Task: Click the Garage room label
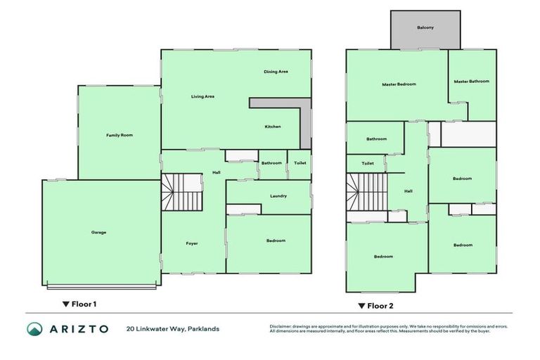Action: (x=98, y=233)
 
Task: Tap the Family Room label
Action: (x=120, y=135)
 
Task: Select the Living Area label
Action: (x=202, y=96)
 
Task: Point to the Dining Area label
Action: (x=276, y=72)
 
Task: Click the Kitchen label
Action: (x=272, y=127)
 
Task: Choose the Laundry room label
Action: (x=278, y=196)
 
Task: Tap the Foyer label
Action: (x=192, y=243)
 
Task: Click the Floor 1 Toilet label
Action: (x=300, y=163)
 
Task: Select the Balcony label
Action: (x=425, y=28)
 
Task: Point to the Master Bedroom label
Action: (x=399, y=84)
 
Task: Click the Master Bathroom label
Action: (x=471, y=82)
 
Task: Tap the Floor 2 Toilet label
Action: (x=368, y=163)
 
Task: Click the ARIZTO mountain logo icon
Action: (x=35, y=328)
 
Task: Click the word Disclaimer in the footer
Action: (x=282, y=326)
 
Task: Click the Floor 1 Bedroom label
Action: (x=276, y=241)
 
